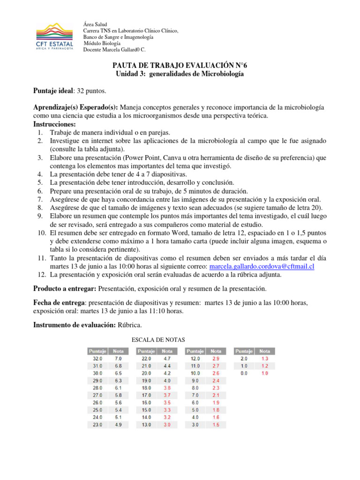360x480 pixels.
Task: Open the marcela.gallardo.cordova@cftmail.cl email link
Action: click(x=261, y=266)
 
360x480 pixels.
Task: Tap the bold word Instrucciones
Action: click(x=54, y=124)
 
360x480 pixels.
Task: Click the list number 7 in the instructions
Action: click(x=40, y=199)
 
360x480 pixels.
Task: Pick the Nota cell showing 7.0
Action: click(x=118, y=358)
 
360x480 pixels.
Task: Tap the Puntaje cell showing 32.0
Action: click(x=97, y=358)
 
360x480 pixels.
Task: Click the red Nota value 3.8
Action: click(x=167, y=388)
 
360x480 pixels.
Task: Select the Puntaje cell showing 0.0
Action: click(x=243, y=373)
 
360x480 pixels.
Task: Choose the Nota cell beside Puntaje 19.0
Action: click(x=167, y=381)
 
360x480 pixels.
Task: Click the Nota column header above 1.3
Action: click(x=265, y=351)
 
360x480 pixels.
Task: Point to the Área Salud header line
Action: click(x=95, y=24)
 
